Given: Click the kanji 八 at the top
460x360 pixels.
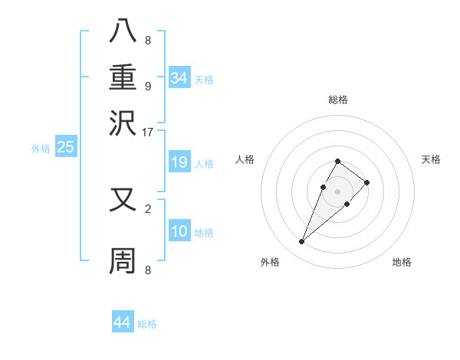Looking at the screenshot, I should [123, 32].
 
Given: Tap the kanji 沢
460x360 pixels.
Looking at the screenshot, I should [123, 123].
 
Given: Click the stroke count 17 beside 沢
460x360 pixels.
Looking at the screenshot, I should [147, 132].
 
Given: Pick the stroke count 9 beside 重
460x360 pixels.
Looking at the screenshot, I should [147, 86].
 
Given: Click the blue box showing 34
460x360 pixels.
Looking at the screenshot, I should [179, 77].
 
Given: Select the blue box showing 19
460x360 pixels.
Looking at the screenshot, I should [179, 162].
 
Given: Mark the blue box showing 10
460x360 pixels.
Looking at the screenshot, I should [179, 231].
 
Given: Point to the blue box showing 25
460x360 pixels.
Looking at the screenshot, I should [65, 147].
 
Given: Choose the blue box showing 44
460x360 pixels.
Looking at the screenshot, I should [122, 322].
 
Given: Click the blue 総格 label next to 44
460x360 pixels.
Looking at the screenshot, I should [147, 324].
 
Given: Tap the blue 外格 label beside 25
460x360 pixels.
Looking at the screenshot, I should [41, 149].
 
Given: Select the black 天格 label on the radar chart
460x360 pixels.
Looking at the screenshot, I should [431, 159].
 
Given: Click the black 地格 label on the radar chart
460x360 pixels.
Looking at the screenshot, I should [402, 262].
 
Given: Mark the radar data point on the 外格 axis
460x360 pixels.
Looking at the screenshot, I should [301, 242].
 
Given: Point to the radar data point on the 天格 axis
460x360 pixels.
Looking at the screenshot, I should [367, 182].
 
